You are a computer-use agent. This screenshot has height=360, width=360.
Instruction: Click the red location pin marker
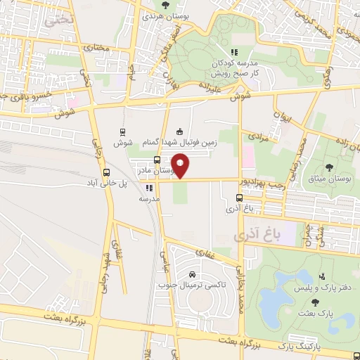click(x=181, y=166)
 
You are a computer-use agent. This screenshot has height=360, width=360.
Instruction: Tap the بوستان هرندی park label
click(x=163, y=15)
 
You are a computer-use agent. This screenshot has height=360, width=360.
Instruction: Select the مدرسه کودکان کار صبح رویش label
click(x=235, y=69)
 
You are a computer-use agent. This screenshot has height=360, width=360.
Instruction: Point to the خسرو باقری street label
click(x=21, y=96)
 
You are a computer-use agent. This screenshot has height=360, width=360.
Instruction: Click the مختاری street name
click(x=98, y=49)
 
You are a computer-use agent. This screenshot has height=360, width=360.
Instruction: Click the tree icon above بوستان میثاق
click(x=330, y=167)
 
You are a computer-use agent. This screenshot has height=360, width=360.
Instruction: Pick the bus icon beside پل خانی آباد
click(x=106, y=172)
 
